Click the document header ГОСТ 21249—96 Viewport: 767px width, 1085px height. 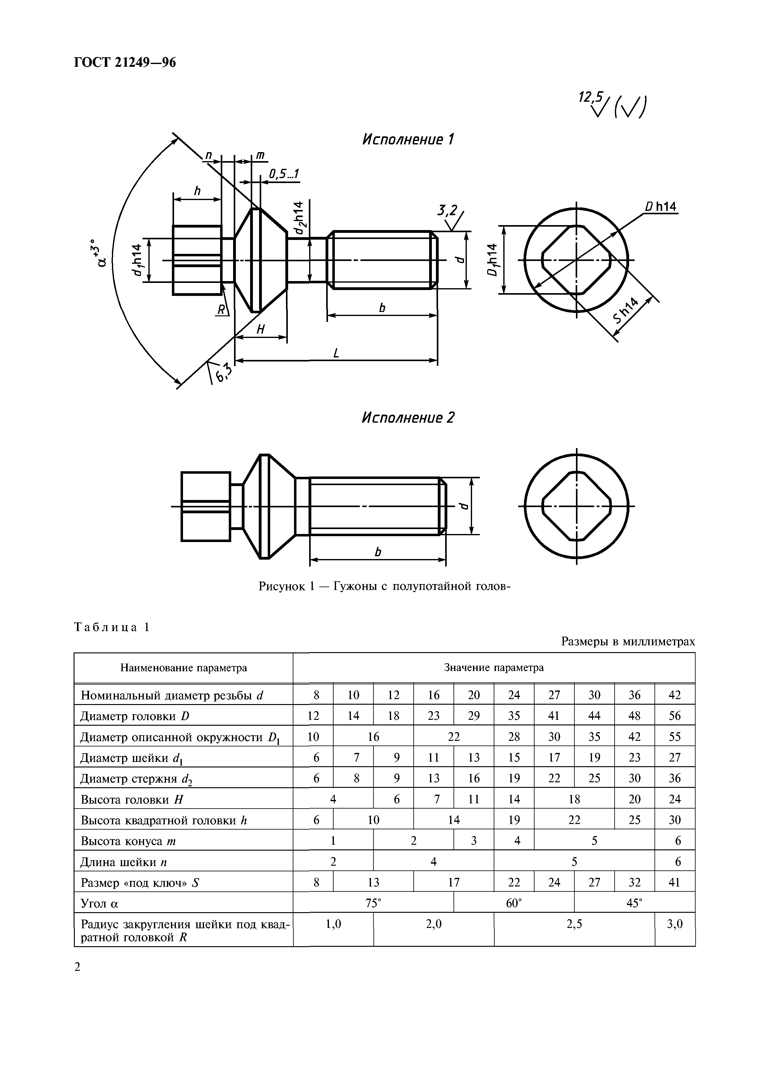pyautogui.click(x=125, y=62)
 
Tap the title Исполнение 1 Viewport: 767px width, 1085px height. pyautogui.click(x=407, y=139)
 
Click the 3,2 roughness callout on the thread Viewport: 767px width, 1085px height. pyautogui.click(x=447, y=210)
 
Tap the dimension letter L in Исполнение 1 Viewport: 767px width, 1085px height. pyautogui.click(x=336, y=353)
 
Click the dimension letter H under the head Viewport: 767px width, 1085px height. pyautogui.click(x=260, y=329)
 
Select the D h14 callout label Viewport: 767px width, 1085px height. pyautogui.click(x=661, y=207)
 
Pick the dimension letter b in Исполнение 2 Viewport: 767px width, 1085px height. pyautogui.click(x=377, y=552)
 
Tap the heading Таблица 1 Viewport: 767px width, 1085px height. pyautogui.click(x=112, y=627)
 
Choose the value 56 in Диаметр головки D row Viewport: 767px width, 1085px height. pyautogui.click(x=674, y=716)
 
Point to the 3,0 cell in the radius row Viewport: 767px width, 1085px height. pyautogui.click(x=674, y=923)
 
